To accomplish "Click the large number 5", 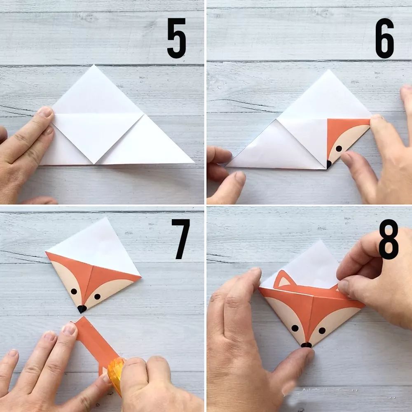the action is point(177,38).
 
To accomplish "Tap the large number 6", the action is point(385,38).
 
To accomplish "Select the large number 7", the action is point(181,239).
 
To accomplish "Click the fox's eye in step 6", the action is point(339,148).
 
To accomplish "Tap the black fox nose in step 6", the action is point(329,164).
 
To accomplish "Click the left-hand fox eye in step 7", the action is point(74,291).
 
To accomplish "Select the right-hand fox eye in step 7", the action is point(97,297).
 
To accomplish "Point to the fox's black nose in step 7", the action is point(82,309).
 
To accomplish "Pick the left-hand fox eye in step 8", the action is point(295,328).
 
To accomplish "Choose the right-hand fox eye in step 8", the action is point(322,330).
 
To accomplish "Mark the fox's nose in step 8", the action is point(307,345).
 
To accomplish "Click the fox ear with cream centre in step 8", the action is point(284,280).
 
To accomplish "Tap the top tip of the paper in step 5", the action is point(94,65).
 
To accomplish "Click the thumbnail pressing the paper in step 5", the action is point(45,112).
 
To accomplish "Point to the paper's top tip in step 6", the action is point(328,70).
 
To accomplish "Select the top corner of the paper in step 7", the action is point(106,218).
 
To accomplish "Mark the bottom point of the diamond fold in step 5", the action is point(94,164).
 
